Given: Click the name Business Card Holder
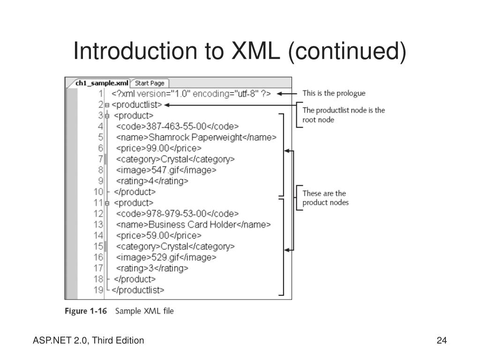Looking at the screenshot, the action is point(192,225).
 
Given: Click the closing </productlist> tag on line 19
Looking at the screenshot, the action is point(138,290).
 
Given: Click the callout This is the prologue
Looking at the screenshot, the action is point(334,93).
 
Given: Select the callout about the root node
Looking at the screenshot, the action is point(343,115).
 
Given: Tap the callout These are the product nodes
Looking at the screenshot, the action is point(325,198).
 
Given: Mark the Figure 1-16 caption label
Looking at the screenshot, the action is point(85,311).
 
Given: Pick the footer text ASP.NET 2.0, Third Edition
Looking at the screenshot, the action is point(88,341).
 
